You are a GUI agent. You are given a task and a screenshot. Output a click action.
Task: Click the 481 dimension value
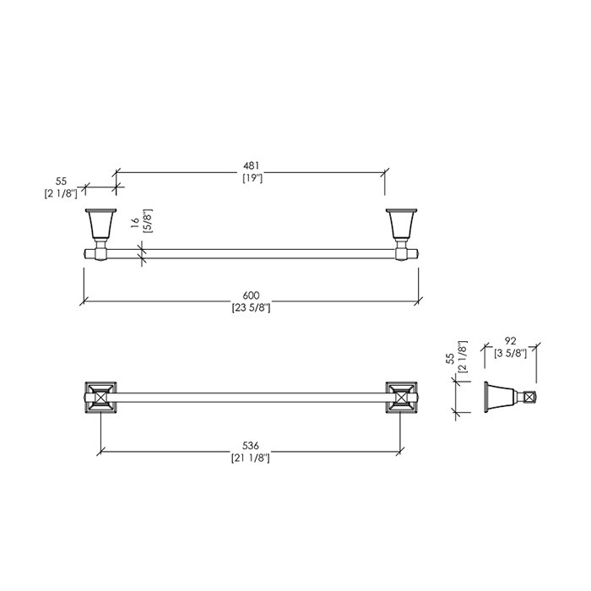[251, 165]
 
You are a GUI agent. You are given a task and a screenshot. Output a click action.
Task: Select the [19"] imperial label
[252, 178]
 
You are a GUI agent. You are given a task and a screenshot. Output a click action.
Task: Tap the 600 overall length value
[251, 295]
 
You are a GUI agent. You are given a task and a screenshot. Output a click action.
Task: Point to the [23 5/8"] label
[251, 308]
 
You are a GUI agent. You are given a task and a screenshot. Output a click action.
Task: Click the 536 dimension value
[251, 446]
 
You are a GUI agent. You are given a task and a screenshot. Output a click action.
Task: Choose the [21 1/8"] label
[251, 458]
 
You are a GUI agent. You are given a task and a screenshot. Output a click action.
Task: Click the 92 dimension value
[510, 341]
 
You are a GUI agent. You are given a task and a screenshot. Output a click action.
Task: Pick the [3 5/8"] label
[510, 354]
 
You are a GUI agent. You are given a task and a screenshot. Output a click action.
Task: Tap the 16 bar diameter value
[135, 223]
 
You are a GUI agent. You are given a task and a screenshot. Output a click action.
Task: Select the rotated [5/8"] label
[148, 221]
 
